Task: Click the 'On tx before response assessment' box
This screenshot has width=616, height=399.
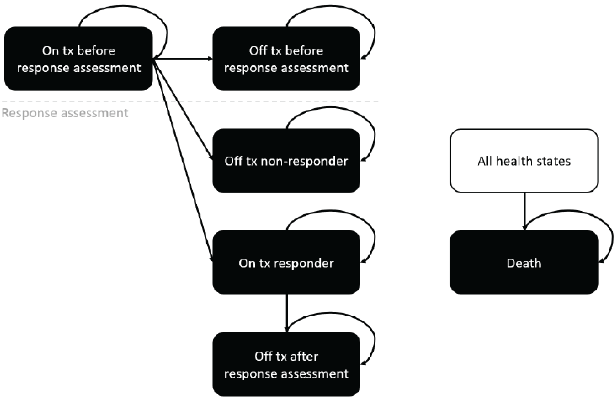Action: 78,59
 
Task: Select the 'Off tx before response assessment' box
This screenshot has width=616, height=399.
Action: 286,59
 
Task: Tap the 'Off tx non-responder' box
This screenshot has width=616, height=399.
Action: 286,160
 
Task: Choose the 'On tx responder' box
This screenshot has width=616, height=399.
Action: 286,262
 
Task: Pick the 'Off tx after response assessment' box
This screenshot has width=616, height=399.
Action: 286,365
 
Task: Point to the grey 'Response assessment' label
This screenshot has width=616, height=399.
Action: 65,113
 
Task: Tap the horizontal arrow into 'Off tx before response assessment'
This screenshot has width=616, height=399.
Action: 184,59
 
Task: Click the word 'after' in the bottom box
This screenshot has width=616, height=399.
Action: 304,356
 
